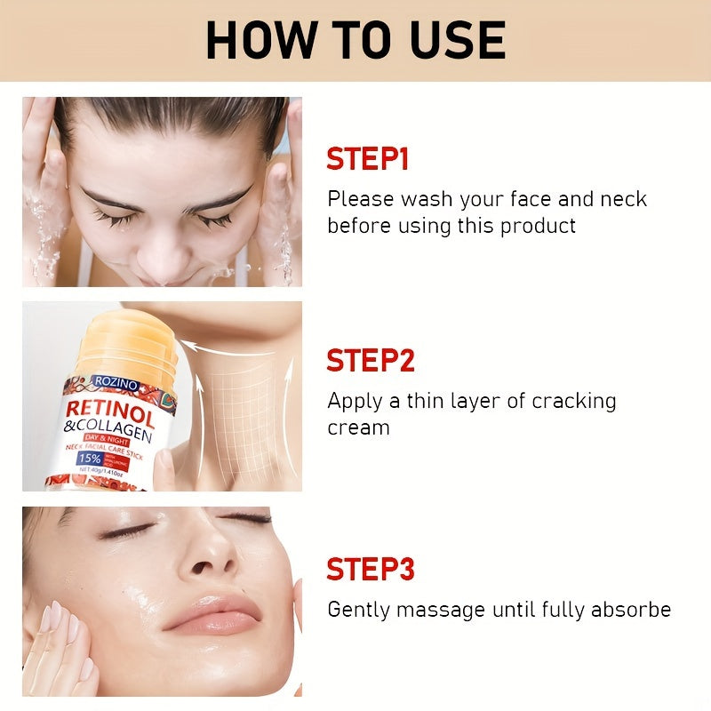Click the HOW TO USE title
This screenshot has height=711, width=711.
point(355,39)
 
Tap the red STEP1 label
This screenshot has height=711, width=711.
point(367,160)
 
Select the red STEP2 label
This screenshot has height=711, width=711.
point(371,361)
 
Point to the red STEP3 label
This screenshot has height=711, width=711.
point(371,569)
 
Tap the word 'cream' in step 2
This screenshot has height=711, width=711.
point(358,427)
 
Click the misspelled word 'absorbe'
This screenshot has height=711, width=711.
point(630,610)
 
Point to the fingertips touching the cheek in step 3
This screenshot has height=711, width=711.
point(55,622)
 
